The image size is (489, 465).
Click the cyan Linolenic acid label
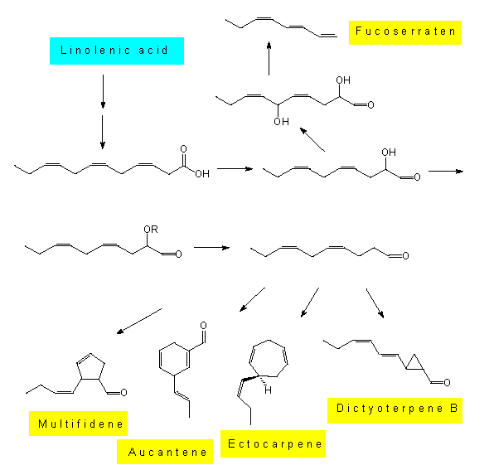pyautogui.click(x=117, y=51)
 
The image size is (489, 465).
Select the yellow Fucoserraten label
pyautogui.click(x=405, y=32)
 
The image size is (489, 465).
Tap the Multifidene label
pyautogui.click(x=78, y=424)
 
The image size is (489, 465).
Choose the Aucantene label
pyautogui.click(x=165, y=452)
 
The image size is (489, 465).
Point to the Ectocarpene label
pyautogui.click(x=273, y=443)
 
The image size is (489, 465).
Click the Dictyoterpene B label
pyautogui.click(x=395, y=410)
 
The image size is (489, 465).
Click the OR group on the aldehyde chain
pyautogui.click(x=151, y=230)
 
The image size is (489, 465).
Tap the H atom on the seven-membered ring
pyautogui.click(x=268, y=390)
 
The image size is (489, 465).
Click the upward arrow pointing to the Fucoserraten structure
pyautogui.click(x=269, y=58)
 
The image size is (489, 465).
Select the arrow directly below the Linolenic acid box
pyautogui.click(x=103, y=91)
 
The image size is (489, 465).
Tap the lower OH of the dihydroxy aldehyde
pyautogui.click(x=281, y=121)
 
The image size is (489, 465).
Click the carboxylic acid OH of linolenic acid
pyautogui.click(x=202, y=174)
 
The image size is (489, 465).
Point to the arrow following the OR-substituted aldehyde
pyautogui.click(x=211, y=248)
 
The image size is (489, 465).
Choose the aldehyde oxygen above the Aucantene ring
pyautogui.click(x=203, y=325)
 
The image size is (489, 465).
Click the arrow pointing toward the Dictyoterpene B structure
pyautogui.click(x=375, y=303)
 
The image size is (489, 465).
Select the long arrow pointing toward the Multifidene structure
pyautogui.click(x=139, y=322)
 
